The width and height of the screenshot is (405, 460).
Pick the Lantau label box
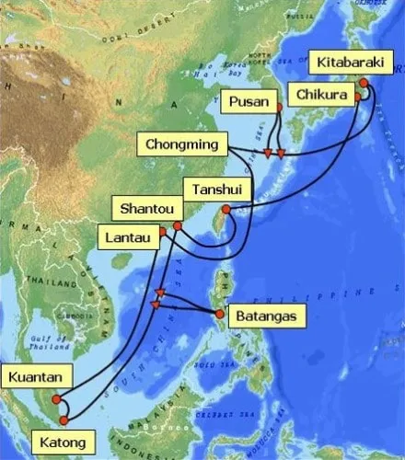click(126, 238)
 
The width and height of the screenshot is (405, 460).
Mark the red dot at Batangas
click(221, 314)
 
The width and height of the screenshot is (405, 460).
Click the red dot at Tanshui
click(226, 210)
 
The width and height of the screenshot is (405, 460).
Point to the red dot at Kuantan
click(56, 400)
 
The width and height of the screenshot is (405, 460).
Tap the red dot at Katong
click(63, 420)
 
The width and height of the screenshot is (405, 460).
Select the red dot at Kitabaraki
click(364, 83)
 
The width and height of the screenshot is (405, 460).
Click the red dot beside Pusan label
click(279, 108)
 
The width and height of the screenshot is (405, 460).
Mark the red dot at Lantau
click(163, 232)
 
